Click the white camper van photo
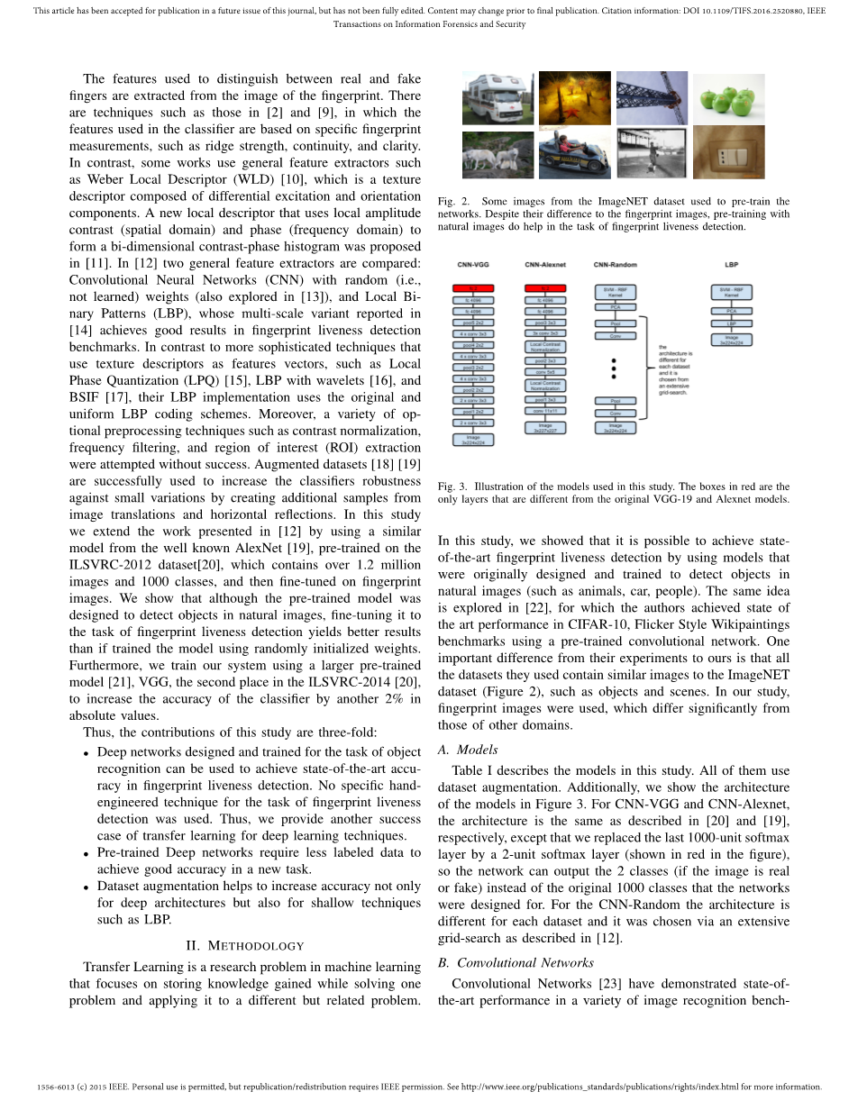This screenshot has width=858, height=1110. pos(498,99)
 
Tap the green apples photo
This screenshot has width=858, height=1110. pos(728,98)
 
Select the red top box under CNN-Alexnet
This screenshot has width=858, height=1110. pos(545,288)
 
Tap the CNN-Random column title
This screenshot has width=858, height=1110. pos(616,265)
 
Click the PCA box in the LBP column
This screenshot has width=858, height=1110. pos(732,312)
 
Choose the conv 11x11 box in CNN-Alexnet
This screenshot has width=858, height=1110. pos(545,411)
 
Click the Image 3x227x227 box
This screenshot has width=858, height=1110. pos(545,427)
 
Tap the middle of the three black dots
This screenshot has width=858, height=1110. pos(615,369)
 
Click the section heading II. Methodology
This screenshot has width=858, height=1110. pos(244,945)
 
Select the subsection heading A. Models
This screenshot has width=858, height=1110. pos(467,750)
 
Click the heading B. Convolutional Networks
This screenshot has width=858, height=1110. pos(515,962)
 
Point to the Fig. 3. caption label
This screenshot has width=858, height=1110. pos(452,486)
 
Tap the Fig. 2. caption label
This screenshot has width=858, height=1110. pos(452,201)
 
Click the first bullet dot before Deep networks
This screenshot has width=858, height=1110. pos(86,753)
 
